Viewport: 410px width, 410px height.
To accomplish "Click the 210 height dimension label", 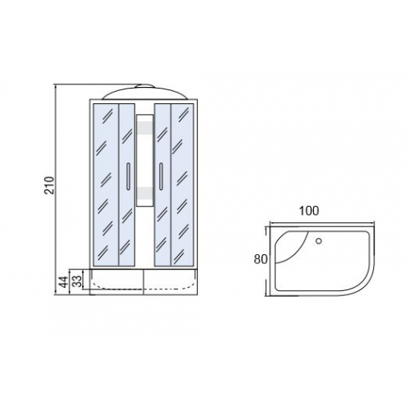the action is pos(50,185).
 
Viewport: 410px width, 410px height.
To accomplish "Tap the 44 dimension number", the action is pos(64,281).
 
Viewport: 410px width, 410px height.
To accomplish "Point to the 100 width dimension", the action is pos(309,211).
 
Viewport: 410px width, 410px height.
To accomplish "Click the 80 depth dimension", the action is pos(261,259).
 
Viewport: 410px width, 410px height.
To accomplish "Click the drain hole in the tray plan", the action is pos(319,241).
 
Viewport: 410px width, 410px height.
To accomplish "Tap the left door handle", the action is pos(128,176).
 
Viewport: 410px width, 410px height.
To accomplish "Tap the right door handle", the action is pos(161,176).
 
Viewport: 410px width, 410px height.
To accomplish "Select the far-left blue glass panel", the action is pos(106,184).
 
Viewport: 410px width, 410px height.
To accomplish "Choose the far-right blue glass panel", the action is pos(182,184).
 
